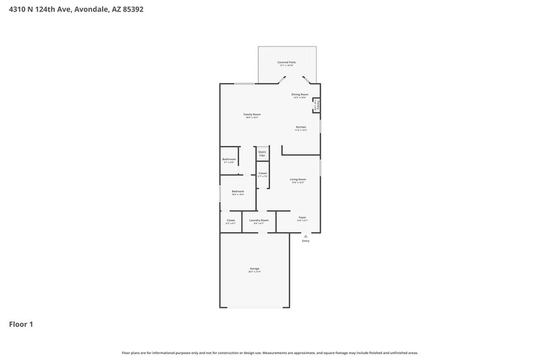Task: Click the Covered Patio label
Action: (286, 62)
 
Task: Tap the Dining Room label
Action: (300, 95)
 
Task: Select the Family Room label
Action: (252, 115)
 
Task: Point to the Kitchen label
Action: (301, 127)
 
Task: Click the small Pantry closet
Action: (316, 105)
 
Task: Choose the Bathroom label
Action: (229, 159)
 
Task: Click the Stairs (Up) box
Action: (262, 153)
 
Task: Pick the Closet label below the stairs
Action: (263, 174)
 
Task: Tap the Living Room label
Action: (298, 180)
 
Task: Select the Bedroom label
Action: (238, 192)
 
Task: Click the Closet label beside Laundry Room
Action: (230, 220)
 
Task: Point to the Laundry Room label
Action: (259, 220)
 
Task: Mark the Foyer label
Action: (302, 217)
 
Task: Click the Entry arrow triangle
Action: (306, 236)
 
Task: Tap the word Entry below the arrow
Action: (306, 240)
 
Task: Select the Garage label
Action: (254, 269)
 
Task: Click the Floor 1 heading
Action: (21, 324)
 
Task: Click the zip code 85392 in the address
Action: (130, 9)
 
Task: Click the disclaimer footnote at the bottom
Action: (270, 353)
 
